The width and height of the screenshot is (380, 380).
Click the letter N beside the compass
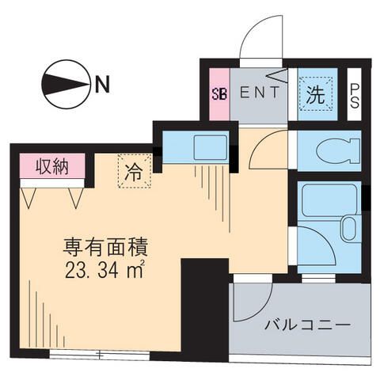101,82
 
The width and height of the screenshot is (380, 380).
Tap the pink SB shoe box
218,92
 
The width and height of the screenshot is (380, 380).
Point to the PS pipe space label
355,97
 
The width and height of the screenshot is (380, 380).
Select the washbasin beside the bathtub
350,230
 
